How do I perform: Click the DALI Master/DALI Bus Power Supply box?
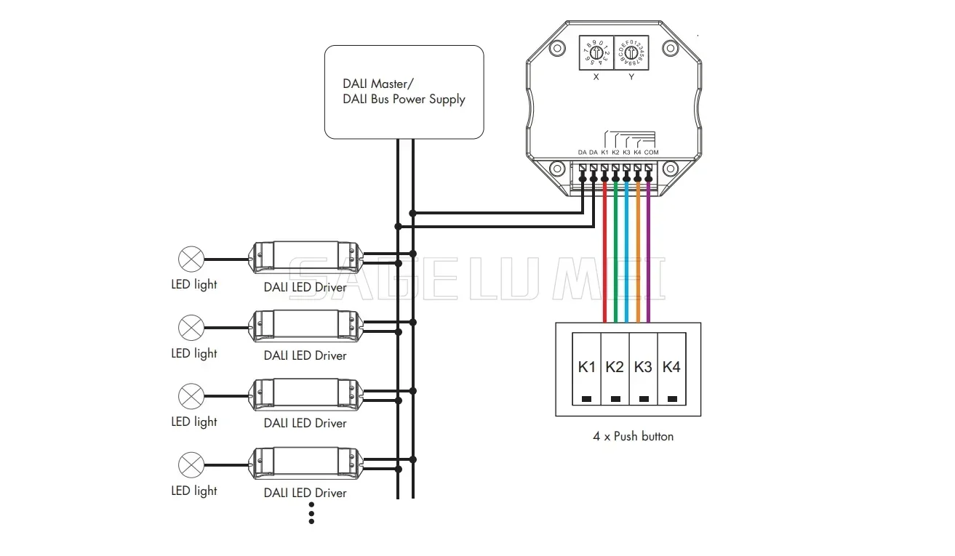[404, 92]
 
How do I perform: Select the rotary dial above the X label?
[596, 53]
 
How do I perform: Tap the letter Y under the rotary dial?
[631, 76]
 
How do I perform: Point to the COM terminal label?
[651, 152]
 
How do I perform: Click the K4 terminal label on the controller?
[637, 152]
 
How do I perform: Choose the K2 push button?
[615, 369]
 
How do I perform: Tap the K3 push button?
[643, 369]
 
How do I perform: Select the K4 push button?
[671, 369]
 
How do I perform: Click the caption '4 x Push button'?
[633, 436]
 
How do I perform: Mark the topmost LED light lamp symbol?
[191, 258]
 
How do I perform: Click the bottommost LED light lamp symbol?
[191, 464]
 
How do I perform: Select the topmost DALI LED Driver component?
[305, 257]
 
